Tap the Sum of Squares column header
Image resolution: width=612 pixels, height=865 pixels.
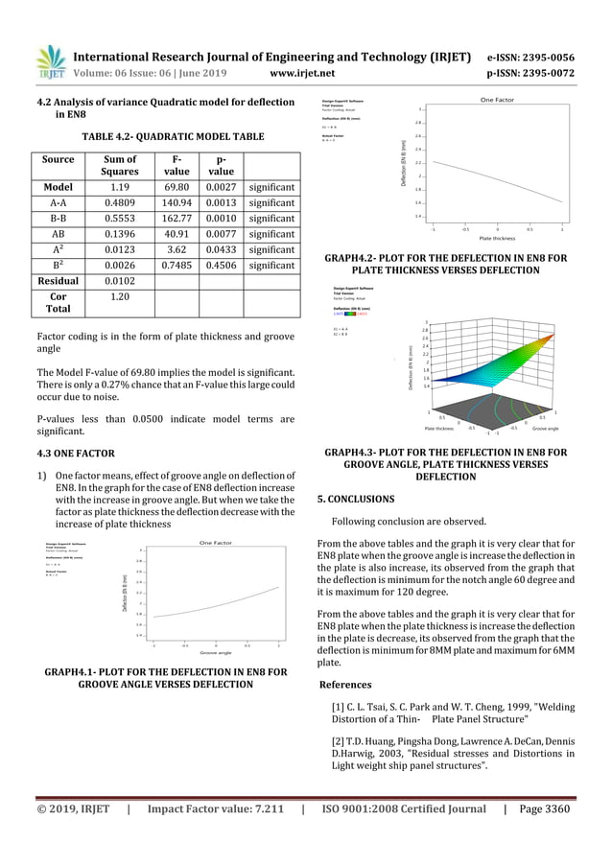(x=120, y=165)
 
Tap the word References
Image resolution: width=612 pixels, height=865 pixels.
(x=345, y=685)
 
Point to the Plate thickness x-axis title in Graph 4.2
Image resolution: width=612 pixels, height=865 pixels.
(x=498, y=238)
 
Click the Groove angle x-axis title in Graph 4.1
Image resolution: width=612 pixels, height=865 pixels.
(x=215, y=652)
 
